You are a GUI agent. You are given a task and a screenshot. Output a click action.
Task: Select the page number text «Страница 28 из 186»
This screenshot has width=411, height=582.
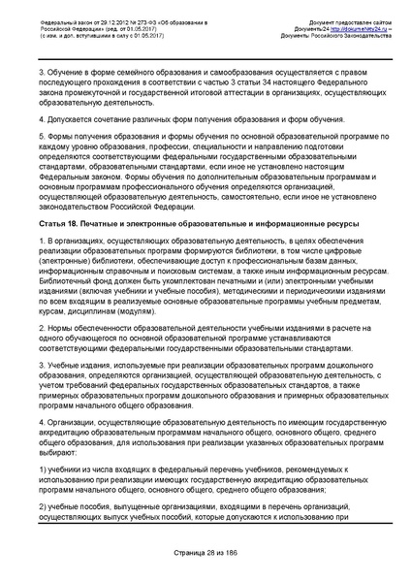[x=205, y=553]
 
